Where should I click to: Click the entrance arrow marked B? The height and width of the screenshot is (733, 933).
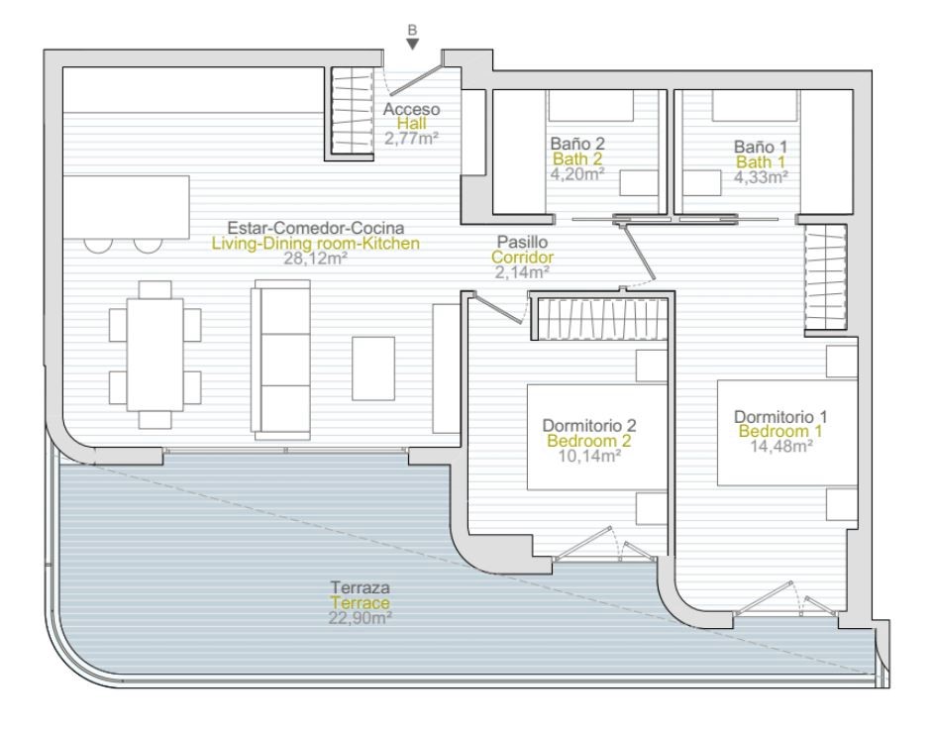(413, 44)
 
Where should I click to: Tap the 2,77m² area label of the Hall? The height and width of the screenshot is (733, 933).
(411, 140)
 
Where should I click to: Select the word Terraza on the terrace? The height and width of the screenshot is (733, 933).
(361, 587)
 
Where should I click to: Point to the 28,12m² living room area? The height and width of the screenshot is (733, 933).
(315, 259)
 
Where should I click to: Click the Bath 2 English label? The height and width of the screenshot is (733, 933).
(577, 158)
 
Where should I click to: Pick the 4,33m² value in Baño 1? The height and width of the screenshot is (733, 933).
(761, 176)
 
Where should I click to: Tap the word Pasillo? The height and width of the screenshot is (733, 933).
(522, 242)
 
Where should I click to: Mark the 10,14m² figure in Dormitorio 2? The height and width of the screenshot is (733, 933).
(590, 457)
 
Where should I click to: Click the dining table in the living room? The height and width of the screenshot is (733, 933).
(155, 355)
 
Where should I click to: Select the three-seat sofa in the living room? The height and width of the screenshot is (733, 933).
(281, 360)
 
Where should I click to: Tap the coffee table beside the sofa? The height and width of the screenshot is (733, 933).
(373, 368)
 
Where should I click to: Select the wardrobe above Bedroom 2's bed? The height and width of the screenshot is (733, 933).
(603, 319)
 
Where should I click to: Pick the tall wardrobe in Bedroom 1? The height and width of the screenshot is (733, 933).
(825, 277)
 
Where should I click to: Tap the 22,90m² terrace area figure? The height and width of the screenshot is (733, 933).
(360, 618)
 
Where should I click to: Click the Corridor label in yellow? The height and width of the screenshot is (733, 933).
(522, 258)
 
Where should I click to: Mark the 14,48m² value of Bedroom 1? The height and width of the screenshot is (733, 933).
(781, 446)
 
